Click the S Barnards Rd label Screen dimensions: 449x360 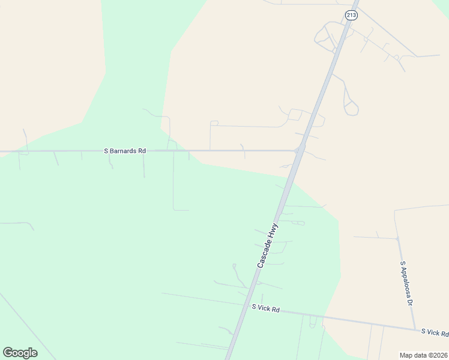(x=125, y=151)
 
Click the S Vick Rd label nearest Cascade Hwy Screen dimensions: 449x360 (x=265, y=308)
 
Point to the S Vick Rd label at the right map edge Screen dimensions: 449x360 (x=434, y=332)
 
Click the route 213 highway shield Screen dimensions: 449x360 (x=351, y=15)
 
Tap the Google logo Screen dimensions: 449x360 (x=20, y=353)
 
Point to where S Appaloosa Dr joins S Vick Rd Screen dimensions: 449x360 (x=416, y=329)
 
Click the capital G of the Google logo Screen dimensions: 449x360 (x=8, y=353)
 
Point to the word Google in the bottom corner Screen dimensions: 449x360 (x=20, y=353)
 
